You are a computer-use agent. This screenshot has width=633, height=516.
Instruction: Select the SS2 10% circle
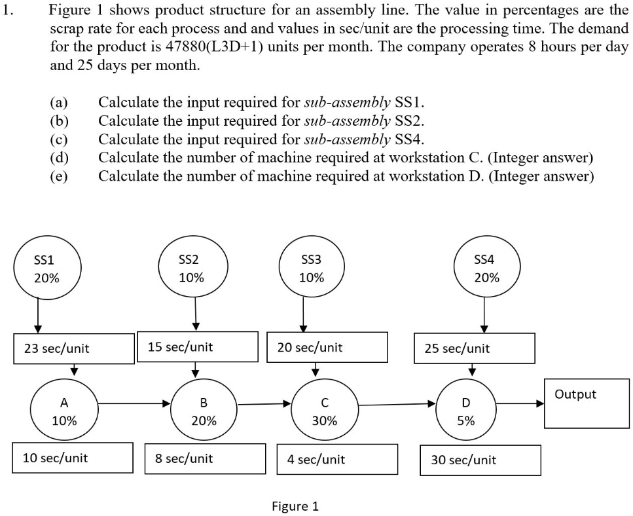point(191,268)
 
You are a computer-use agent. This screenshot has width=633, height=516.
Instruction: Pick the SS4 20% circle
point(484,268)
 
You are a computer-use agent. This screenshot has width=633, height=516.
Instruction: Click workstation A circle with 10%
point(64,411)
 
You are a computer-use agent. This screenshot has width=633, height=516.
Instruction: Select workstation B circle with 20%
point(204,411)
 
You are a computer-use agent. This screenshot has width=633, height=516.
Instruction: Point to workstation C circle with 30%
point(325,411)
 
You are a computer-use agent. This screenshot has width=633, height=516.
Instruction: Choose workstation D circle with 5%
point(466,411)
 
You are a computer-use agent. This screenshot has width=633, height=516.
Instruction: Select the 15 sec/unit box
point(197,346)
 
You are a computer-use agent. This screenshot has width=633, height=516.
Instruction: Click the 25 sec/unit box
point(475,348)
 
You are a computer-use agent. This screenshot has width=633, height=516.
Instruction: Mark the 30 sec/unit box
point(480,460)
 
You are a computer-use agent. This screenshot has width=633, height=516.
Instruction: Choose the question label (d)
point(60,157)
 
